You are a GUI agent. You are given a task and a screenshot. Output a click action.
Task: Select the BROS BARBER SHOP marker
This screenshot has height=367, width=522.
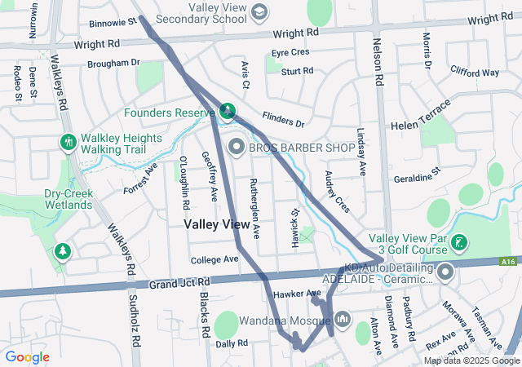[x=237, y=148]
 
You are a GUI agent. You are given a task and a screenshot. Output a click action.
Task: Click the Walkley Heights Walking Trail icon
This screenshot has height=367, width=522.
[x=68, y=142]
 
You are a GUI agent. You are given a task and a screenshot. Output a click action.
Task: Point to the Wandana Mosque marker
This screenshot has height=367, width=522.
[x=341, y=317]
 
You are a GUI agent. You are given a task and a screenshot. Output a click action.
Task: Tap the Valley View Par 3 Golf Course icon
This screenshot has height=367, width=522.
[x=460, y=242]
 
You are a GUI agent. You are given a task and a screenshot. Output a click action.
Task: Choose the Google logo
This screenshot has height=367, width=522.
[x=28, y=356]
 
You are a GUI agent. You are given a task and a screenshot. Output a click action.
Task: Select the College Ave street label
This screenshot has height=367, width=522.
[x=214, y=259]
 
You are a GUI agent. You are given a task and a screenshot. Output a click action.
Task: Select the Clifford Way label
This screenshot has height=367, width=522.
[x=474, y=72]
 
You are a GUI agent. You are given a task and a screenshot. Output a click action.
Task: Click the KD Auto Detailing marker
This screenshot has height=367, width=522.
[x=445, y=273]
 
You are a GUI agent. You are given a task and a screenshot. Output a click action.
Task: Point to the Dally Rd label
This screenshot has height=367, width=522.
[x=232, y=343]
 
